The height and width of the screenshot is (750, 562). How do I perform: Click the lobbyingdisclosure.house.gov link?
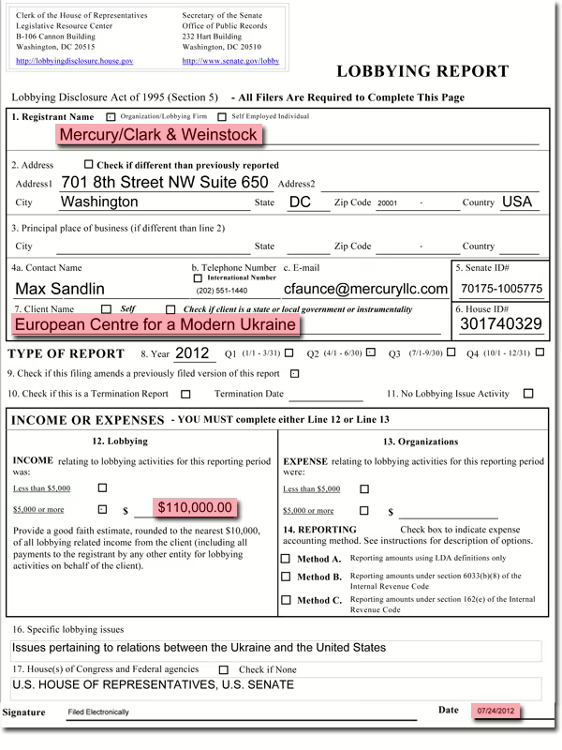(x=75, y=61)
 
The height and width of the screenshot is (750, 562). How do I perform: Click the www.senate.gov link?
(x=230, y=61)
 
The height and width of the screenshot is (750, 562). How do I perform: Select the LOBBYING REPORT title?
(x=422, y=71)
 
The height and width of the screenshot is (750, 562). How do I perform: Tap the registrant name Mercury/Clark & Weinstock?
(x=158, y=135)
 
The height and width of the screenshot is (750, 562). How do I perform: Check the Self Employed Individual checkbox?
(x=222, y=117)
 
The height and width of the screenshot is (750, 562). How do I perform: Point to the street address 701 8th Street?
(x=164, y=183)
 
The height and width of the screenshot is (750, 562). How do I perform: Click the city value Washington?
(x=99, y=202)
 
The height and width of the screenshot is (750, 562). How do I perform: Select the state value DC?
(x=300, y=202)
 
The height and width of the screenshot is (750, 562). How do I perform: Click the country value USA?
(x=516, y=202)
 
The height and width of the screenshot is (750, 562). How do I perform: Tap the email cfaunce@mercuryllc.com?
(x=365, y=289)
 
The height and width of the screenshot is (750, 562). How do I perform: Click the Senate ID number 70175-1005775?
(x=501, y=289)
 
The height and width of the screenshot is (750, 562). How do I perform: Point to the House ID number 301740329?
(x=501, y=324)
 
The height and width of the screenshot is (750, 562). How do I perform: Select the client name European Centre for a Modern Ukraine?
(x=155, y=324)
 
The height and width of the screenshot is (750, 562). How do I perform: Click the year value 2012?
(x=191, y=353)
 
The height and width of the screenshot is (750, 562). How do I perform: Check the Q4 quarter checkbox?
(x=540, y=353)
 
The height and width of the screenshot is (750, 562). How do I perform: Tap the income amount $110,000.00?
(x=194, y=507)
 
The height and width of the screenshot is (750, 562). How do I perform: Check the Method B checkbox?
(x=286, y=577)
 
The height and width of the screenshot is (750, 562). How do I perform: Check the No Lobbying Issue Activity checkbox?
(x=528, y=394)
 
